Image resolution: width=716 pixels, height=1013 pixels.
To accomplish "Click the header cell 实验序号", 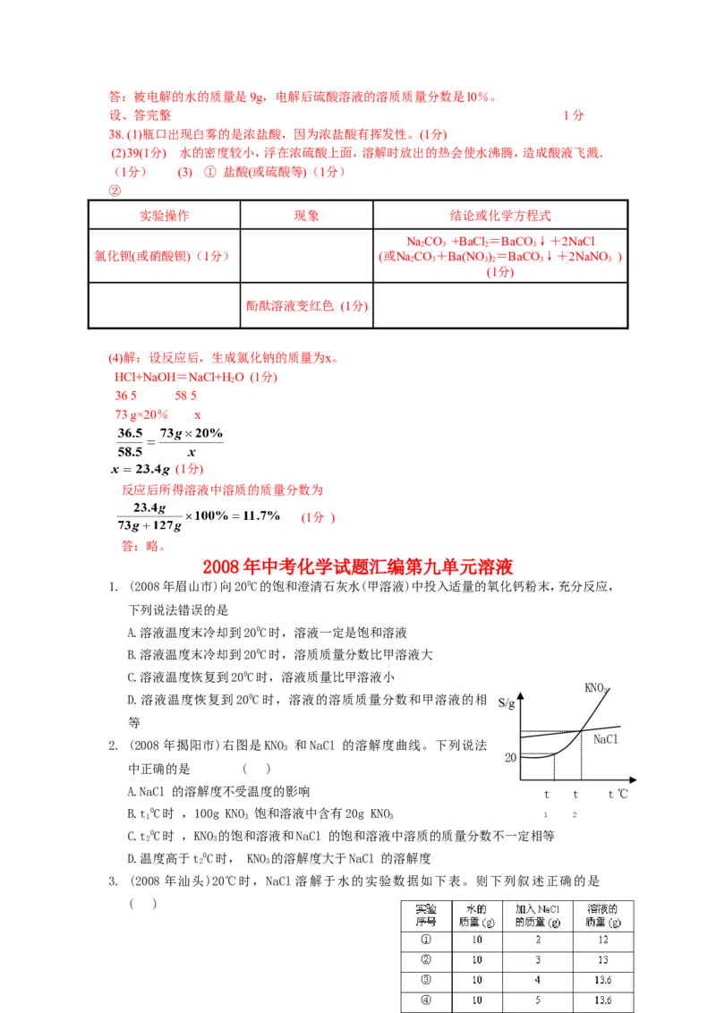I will [425, 915].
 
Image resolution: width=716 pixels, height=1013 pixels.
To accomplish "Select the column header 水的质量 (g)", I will [477, 915].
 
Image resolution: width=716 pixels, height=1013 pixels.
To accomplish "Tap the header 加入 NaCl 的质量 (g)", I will [537, 915].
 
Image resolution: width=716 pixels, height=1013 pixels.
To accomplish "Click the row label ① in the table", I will [425, 941].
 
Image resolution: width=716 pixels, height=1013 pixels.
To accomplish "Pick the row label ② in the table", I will [425, 960].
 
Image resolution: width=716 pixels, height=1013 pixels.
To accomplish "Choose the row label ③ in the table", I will [425, 980].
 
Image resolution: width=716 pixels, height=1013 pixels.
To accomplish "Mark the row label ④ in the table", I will [425, 1000].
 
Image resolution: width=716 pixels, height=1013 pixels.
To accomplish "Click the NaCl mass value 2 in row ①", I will [537, 941].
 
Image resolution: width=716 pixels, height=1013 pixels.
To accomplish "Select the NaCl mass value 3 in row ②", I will [537, 960].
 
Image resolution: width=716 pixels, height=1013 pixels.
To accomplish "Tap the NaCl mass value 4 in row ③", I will [537, 980].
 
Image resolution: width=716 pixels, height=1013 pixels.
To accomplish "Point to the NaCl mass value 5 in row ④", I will [537, 1000].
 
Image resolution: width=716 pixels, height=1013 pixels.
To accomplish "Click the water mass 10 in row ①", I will [477, 941].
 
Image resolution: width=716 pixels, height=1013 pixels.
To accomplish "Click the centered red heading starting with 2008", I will [358, 567].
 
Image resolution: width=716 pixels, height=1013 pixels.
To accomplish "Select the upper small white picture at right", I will [609, 687].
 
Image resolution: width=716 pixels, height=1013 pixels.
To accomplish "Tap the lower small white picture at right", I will [611, 736].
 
